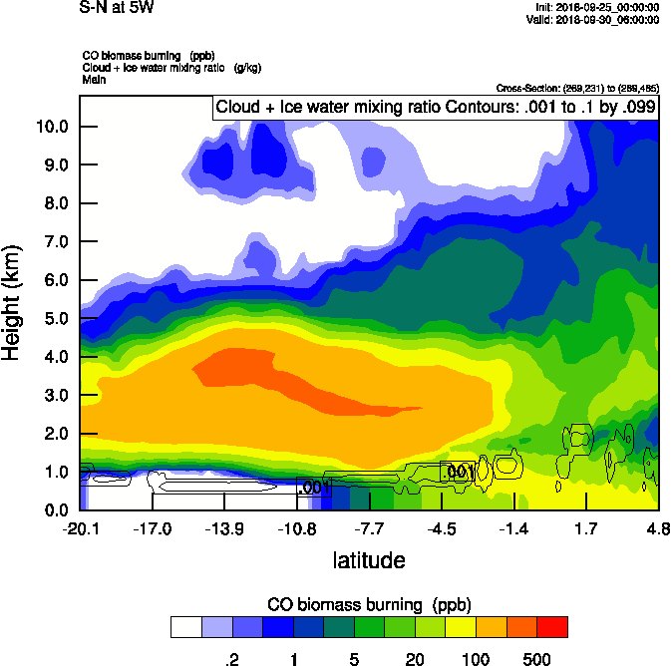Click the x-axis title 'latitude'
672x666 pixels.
tap(369, 560)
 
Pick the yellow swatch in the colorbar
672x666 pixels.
tap(457, 626)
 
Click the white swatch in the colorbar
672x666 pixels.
tap(185, 626)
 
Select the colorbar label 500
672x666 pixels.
tap(536, 658)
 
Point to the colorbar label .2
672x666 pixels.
tap(231, 658)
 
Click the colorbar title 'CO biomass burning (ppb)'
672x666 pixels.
tap(369, 605)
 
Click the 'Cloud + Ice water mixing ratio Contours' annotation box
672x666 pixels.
tap(435, 108)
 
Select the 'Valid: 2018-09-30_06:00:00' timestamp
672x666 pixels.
tap(605, 19)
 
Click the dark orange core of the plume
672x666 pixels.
tap(279, 374)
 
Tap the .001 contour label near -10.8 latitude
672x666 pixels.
tap(314, 488)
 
